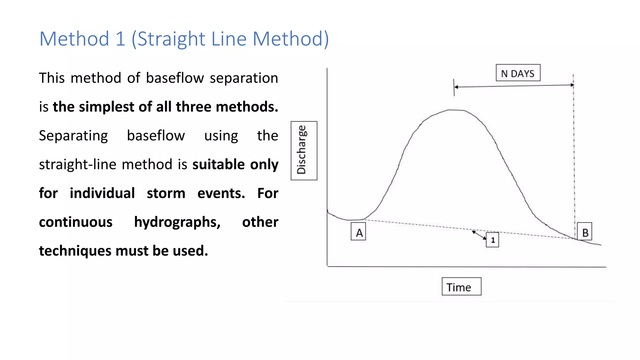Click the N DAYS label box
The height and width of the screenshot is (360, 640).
coord(518,73)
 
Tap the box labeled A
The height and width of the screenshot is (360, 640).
coord(358,232)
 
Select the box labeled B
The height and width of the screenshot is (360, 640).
coord(584,232)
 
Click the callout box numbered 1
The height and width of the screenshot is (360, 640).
coord(492,240)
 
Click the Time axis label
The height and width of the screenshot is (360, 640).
coord(461,287)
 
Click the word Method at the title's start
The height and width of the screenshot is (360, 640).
coord(74,39)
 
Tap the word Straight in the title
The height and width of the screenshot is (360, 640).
coord(171,39)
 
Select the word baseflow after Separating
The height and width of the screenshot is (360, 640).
coord(156,136)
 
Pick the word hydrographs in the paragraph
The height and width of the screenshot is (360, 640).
coord(177,222)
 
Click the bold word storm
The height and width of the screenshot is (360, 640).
coord(166,193)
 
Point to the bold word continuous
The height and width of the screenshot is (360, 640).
coord(76,222)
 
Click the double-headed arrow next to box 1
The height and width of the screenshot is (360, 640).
coord(479,235)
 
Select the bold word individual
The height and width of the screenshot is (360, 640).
coord(102,193)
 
